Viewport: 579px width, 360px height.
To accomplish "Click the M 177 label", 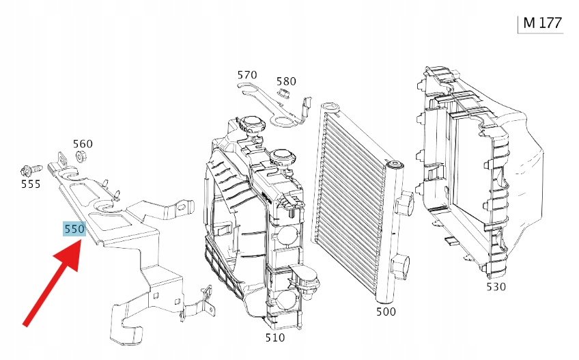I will (541, 23).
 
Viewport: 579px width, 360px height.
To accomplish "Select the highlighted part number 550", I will (74, 230).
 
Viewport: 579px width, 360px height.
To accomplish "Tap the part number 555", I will (30, 184).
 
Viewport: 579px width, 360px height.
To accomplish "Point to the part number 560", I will (83, 144).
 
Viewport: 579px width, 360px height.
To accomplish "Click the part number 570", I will (247, 74).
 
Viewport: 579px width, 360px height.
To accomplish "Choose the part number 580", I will (286, 81).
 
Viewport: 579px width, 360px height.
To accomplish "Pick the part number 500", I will (386, 311).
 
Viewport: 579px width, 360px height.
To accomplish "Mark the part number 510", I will (275, 337).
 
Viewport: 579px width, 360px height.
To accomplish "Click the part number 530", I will (496, 286).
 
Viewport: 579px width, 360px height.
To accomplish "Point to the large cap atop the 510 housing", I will (251, 125).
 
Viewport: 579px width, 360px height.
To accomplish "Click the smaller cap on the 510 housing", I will (281, 158).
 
